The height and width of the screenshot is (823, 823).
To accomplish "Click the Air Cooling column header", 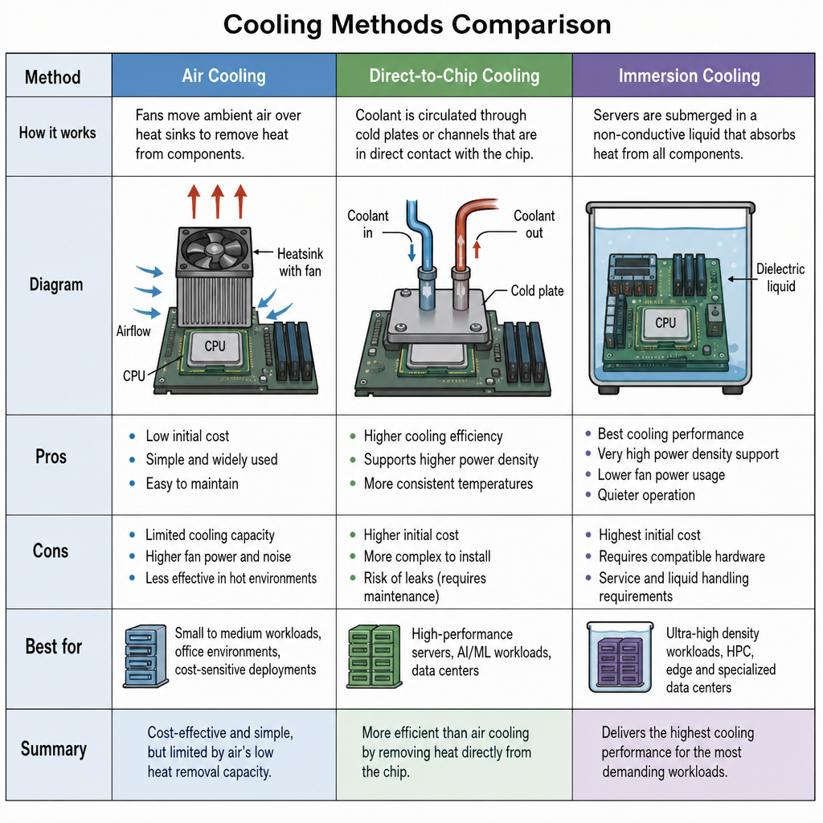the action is click(x=223, y=76).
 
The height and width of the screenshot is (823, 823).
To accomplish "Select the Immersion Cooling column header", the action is click(x=689, y=76).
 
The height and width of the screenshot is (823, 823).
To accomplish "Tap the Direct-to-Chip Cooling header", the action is click(x=454, y=76).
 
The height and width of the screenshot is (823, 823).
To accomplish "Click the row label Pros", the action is click(x=51, y=457).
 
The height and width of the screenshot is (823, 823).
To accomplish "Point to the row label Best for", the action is click(x=54, y=646).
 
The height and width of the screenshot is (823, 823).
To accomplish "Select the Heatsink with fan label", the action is click(x=301, y=262).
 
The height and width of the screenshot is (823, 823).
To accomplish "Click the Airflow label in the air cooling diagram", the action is click(x=133, y=331).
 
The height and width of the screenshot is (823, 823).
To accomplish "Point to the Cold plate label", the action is click(x=537, y=291).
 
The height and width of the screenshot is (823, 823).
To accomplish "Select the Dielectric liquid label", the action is click(x=780, y=277).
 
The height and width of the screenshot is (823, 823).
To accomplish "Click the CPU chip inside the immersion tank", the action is click(x=665, y=323).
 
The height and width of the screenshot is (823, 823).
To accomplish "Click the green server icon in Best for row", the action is click(x=375, y=656).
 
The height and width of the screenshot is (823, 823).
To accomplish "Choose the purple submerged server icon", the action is click(x=620, y=661).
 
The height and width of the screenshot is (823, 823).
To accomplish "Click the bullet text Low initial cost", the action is click(x=187, y=436).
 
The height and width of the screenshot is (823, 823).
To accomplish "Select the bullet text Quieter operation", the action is click(x=646, y=495).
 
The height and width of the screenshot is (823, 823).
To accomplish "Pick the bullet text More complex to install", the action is click(x=428, y=556).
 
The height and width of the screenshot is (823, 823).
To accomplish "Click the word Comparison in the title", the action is click(x=531, y=25).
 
